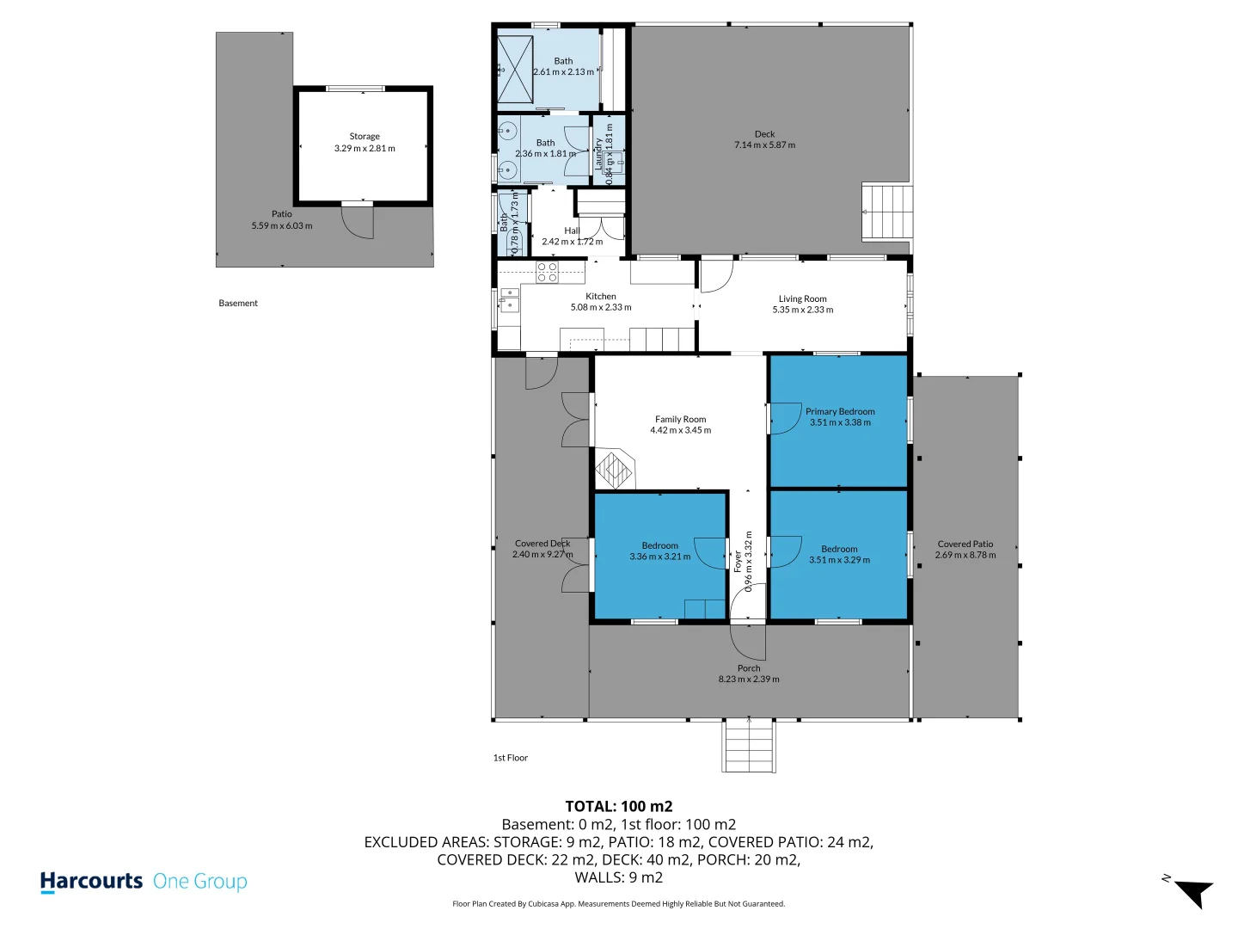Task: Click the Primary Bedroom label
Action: pyautogui.click(x=840, y=411)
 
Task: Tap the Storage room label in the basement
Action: pyautogui.click(x=365, y=136)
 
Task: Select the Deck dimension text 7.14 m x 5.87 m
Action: pyautogui.click(x=764, y=145)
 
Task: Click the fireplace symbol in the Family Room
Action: pyautogui.click(x=615, y=470)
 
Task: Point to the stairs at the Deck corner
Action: pyautogui.click(x=886, y=212)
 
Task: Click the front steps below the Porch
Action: pyautogui.click(x=749, y=745)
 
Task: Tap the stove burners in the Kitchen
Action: pyautogui.click(x=547, y=272)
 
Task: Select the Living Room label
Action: pyautogui.click(x=802, y=298)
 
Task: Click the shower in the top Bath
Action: pyautogui.click(x=516, y=69)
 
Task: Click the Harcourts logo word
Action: pyautogui.click(x=91, y=882)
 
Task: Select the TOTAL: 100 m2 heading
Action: pyautogui.click(x=619, y=807)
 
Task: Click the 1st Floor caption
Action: pyautogui.click(x=510, y=758)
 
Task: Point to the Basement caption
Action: pyautogui.click(x=238, y=303)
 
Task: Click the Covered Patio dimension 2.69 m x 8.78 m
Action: pyautogui.click(x=965, y=555)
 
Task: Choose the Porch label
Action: pyautogui.click(x=749, y=668)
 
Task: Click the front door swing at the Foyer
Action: pyautogui.click(x=747, y=641)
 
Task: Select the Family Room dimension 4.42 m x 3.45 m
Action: pyautogui.click(x=680, y=430)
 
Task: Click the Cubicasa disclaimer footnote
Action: pyautogui.click(x=618, y=904)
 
